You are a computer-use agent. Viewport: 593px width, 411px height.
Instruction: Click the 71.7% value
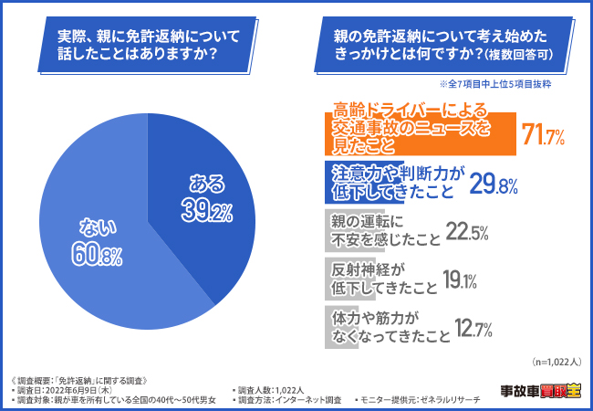pyautogui.click(x=543, y=137)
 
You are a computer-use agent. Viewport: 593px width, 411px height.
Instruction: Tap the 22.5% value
pyautogui.click(x=471, y=232)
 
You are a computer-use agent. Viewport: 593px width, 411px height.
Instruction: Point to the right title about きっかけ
pyautogui.click(x=445, y=45)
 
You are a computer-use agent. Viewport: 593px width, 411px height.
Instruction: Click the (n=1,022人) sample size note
pyautogui.click(x=555, y=361)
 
